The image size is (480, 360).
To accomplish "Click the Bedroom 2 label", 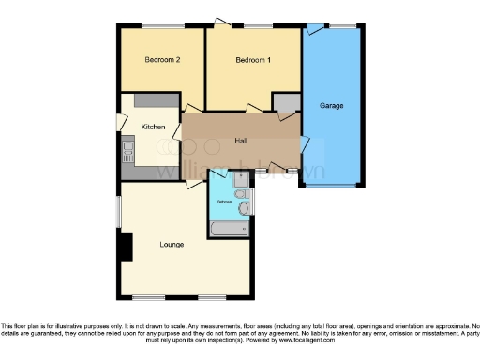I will [162, 60].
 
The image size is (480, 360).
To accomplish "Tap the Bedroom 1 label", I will [253, 60].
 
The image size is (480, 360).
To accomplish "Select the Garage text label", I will [331, 105].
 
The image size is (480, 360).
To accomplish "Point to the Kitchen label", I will [153, 127].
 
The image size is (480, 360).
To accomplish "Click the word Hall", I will [241, 141].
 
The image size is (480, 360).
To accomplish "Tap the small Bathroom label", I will [224, 202].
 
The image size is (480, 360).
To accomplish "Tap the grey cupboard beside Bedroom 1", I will [285, 102].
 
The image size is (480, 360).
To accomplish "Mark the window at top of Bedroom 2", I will [162, 26].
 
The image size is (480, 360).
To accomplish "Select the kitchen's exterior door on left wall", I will [119, 123].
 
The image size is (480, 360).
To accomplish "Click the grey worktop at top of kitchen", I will [150, 99].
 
